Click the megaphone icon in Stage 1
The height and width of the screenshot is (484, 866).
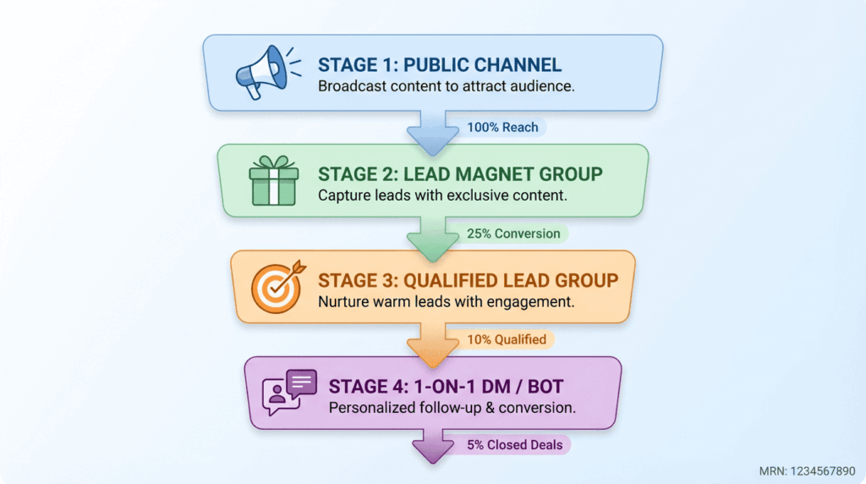pos(260,71)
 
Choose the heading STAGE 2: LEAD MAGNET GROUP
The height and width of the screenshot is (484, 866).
pos(460,174)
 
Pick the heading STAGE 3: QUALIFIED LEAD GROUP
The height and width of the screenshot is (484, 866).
pos(468,280)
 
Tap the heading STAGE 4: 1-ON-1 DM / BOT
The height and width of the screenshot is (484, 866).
pos(446,387)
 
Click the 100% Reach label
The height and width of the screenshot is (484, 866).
pos(502,127)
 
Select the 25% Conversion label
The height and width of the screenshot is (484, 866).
pos(513,234)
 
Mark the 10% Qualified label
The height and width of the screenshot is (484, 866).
pos(507,339)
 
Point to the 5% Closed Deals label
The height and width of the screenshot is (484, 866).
pos(514,445)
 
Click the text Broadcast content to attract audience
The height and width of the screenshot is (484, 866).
pos(447,86)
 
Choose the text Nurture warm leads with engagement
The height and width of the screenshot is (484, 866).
pos(447,300)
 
